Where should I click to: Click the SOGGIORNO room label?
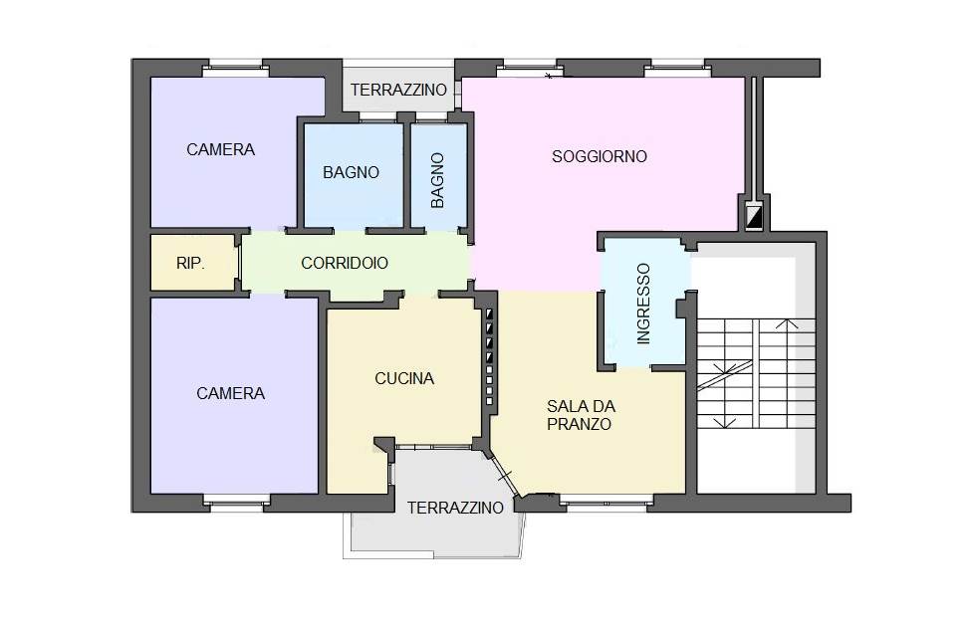click(x=599, y=156)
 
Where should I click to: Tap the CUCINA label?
click(x=404, y=378)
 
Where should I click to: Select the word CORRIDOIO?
click(x=345, y=263)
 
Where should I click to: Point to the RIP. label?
click(x=190, y=263)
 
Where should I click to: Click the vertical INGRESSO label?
click(x=643, y=304)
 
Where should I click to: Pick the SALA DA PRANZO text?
click(x=581, y=415)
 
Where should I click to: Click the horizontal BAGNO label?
click(x=351, y=172)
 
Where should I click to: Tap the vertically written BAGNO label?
click(x=437, y=180)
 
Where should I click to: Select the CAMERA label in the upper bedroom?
click(x=220, y=149)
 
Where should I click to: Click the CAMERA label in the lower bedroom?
click(x=230, y=393)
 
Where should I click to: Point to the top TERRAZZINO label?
click(x=398, y=90)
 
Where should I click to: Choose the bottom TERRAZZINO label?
click(x=455, y=508)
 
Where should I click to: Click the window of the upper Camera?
click(x=236, y=69)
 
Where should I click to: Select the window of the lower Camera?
click(x=236, y=503)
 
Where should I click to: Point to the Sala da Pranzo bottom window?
click(x=606, y=503)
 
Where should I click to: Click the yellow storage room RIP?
click(x=193, y=263)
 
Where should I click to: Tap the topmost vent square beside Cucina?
click(x=489, y=313)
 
